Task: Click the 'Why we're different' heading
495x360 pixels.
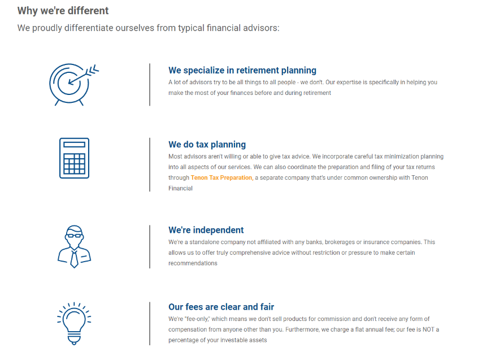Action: coord(63,11)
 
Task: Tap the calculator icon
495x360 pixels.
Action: coord(74,158)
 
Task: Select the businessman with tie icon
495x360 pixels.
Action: coord(74,246)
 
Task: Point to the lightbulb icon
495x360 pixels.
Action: coord(74,323)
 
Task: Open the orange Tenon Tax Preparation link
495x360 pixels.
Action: coord(222,178)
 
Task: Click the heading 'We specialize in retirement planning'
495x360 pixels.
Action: coord(242,70)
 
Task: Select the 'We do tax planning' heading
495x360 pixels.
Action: coord(207,144)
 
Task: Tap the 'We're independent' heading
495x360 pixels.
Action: coord(206,230)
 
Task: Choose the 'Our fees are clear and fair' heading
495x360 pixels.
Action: coord(221,307)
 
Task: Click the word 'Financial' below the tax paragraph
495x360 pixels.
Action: coord(180,189)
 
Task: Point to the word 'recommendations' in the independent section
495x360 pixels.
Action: coord(193,263)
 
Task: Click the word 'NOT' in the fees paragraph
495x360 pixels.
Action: coord(428,329)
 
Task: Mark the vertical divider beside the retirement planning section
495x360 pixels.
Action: coord(150,85)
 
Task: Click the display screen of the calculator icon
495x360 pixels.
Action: coord(74,145)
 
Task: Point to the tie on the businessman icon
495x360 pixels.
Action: coord(75,259)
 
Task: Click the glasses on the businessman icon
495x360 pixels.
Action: coord(75,236)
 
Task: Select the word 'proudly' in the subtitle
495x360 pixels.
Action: coord(47,28)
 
